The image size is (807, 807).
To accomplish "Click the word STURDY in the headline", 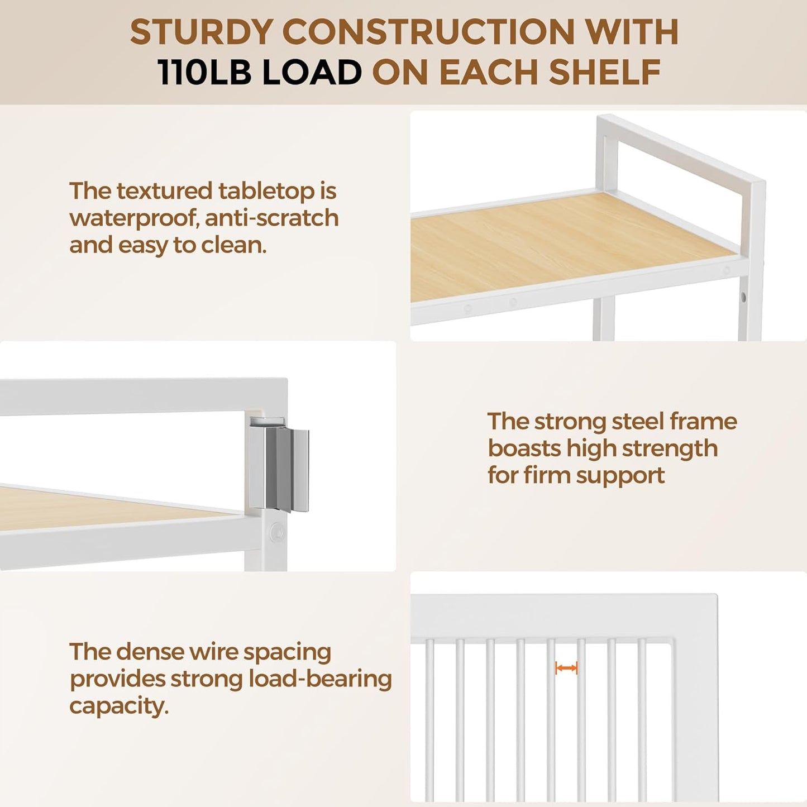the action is [202, 32].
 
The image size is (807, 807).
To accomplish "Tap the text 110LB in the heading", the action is [204, 72].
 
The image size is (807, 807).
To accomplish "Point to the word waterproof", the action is [133, 219].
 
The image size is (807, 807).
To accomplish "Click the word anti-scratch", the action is [272, 218].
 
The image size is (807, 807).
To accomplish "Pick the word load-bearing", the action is [320, 680].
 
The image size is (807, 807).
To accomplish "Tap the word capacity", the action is [119, 707].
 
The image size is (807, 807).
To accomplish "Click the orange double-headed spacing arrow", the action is [566, 668].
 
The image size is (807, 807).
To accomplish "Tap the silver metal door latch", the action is [279, 464].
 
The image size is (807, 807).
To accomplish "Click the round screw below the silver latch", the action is [276, 532].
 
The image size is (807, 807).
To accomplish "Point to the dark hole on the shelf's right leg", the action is [743, 297].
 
